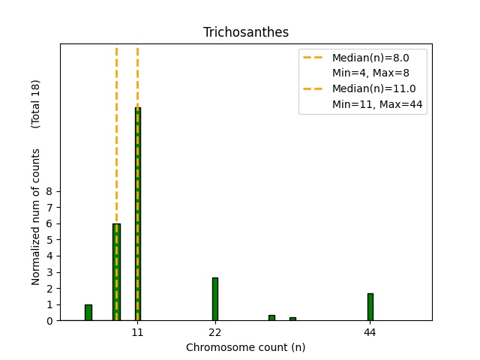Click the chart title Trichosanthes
[245, 32]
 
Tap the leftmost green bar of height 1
[88, 312]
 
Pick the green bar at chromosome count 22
[215, 298]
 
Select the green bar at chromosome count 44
[370, 307]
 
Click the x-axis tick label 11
[137, 331]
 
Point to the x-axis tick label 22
[215, 331]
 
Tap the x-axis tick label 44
[370, 331]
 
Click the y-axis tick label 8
[49, 191]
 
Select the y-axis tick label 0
[49, 321]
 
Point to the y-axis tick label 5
[49, 240]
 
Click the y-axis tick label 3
[49, 272]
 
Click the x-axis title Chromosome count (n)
[245, 347]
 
